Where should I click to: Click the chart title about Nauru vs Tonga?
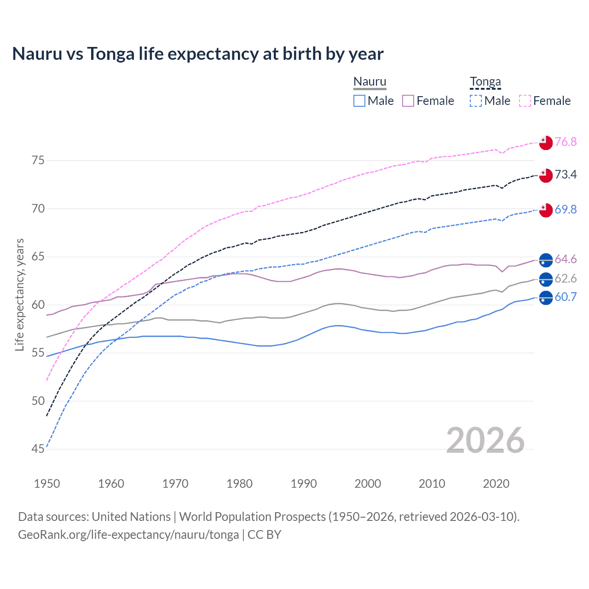(x=198, y=54)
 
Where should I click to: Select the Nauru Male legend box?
(x=359, y=101)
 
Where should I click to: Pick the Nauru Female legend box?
(x=408, y=101)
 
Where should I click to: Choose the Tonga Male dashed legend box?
(x=476, y=101)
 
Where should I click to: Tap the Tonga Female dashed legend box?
(x=525, y=101)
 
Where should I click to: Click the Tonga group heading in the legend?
(x=485, y=82)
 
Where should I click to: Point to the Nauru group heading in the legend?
(x=370, y=82)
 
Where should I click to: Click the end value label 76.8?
(x=566, y=142)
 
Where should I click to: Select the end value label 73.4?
(x=566, y=174)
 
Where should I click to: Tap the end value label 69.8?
(x=566, y=209)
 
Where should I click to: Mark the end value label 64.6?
(x=566, y=260)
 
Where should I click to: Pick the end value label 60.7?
(x=566, y=297)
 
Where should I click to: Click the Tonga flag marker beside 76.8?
(x=546, y=143)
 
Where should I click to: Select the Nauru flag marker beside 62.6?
(x=546, y=279)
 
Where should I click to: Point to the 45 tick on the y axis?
(x=38, y=449)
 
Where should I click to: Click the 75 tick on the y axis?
(x=38, y=161)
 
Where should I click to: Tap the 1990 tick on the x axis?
(x=304, y=484)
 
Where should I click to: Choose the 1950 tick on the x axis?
(x=47, y=484)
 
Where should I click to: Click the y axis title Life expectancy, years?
(x=19, y=294)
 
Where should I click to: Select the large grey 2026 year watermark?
(x=485, y=440)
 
